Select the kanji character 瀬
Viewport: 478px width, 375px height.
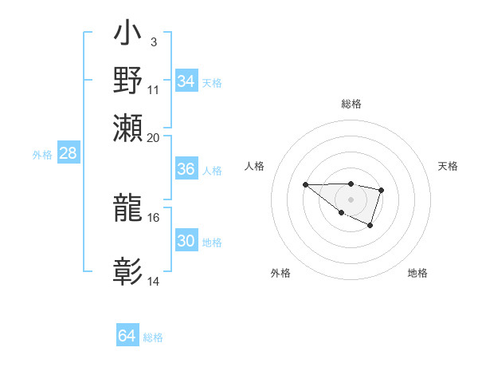(128, 127)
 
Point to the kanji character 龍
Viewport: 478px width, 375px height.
(128, 209)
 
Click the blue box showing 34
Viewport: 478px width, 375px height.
(186, 81)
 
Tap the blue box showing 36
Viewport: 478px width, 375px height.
(186, 169)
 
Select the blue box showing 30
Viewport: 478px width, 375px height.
(186, 241)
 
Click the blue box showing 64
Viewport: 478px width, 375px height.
(127, 336)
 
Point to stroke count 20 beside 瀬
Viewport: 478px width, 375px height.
(153, 137)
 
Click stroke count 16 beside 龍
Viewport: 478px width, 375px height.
(154, 217)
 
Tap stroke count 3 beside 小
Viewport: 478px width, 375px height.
(153, 41)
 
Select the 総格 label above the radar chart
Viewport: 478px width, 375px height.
(351, 104)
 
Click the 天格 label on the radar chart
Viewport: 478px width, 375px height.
(448, 166)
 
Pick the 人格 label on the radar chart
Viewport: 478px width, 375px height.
(254, 166)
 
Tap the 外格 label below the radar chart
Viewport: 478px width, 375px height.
(280, 273)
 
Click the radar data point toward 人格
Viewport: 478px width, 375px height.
(305, 184)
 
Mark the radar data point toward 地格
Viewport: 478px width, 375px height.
(370, 227)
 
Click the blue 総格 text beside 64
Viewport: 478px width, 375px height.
(153, 337)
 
